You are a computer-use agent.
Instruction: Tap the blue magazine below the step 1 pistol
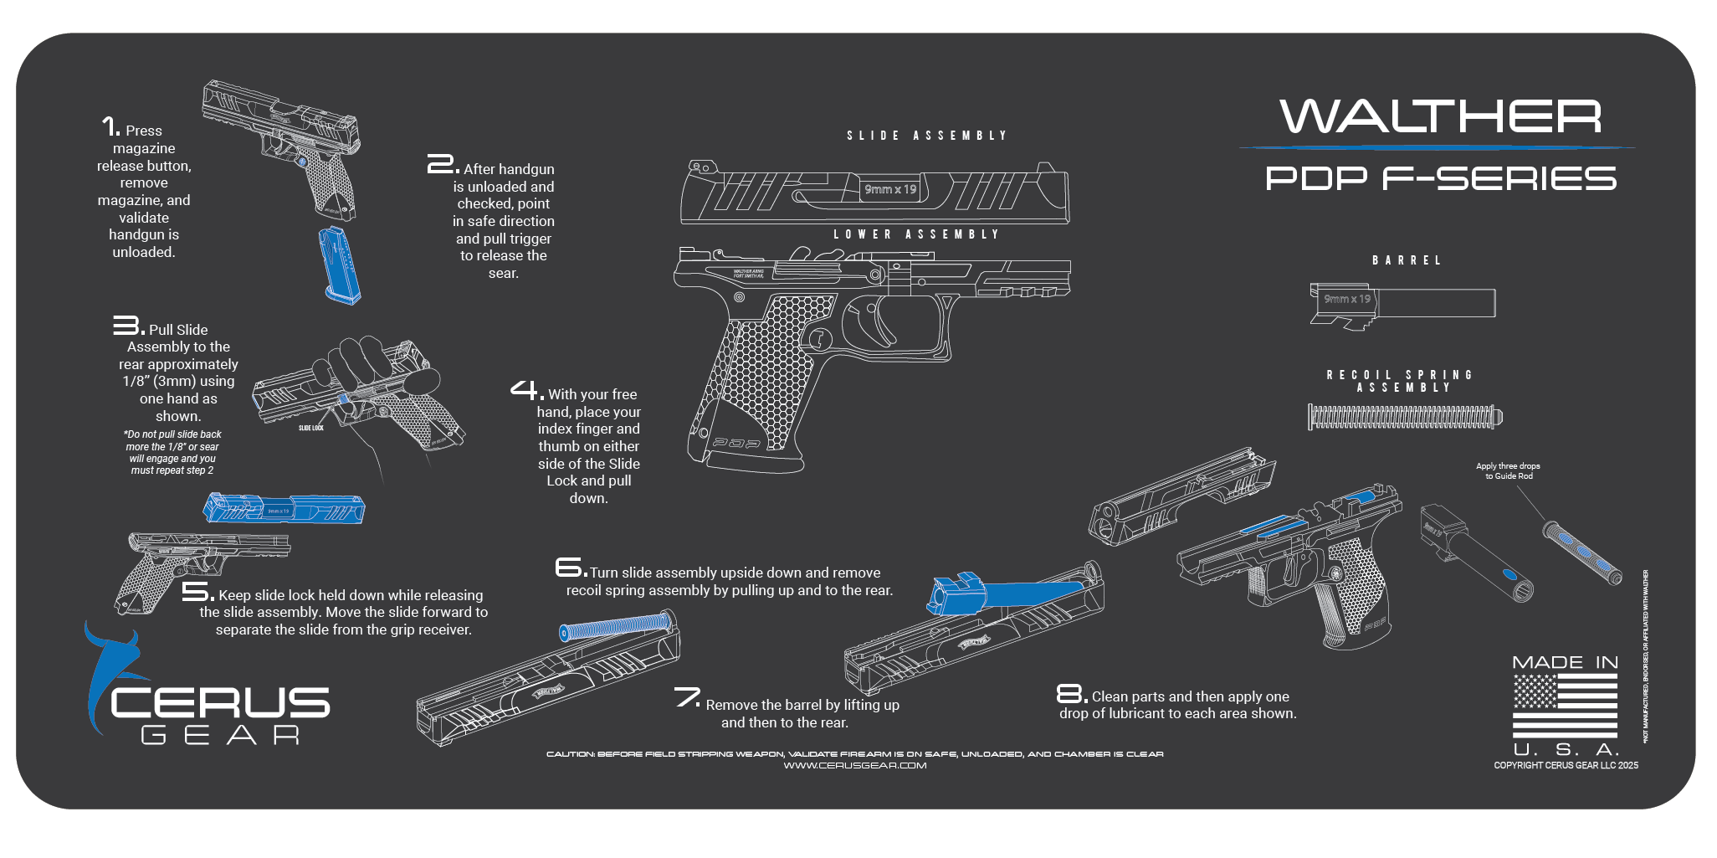pos(341,265)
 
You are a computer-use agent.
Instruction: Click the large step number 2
pos(441,164)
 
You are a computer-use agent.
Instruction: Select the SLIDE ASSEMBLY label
pos(926,136)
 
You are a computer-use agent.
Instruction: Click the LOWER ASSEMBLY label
pos(916,234)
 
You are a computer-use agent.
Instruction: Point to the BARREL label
pos(1407,260)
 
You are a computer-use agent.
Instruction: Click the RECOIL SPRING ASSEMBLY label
pos(1401,381)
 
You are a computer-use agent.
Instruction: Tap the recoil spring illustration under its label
pos(1404,416)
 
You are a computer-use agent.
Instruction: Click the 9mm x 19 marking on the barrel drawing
pos(1346,299)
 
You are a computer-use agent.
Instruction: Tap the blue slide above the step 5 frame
pos(284,508)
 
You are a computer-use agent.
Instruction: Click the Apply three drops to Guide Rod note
pos(1507,471)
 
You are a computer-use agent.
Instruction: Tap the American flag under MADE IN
pos(1564,705)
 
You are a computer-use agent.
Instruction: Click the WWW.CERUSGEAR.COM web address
pos(854,765)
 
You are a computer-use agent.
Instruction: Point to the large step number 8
pos(1070,693)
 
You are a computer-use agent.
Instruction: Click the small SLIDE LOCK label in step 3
pos(310,428)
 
